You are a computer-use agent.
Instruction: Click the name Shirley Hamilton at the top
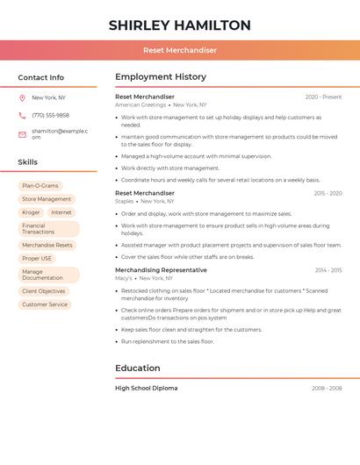(x=180, y=25)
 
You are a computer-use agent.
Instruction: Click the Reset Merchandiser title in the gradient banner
(x=180, y=50)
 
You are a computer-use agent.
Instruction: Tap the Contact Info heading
(x=40, y=77)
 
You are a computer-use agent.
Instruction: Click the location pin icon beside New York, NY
(x=22, y=98)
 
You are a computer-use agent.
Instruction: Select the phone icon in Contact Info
(x=22, y=115)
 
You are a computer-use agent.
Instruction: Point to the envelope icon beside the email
(x=22, y=133)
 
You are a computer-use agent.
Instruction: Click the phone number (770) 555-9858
(x=50, y=115)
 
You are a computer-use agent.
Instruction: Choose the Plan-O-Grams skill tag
(x=40, y=186)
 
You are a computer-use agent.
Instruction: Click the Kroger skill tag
(x=31, y=212)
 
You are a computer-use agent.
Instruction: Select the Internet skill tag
(x=61, y=212)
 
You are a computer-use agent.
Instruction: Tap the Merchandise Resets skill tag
(x=47, y=245)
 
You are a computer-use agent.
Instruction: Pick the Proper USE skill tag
(x=37, y=258)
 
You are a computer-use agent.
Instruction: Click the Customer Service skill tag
(x=45, y=304)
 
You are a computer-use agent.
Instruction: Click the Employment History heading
(x=161, y=77)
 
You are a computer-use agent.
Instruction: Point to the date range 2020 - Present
(x=323, y=97)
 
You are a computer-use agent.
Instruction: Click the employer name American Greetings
(x=140, y=104)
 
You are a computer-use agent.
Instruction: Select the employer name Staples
(x=125, y=201)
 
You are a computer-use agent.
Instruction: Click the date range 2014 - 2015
(x=328, y=270)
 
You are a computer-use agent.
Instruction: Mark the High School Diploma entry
(x=146, y=388)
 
